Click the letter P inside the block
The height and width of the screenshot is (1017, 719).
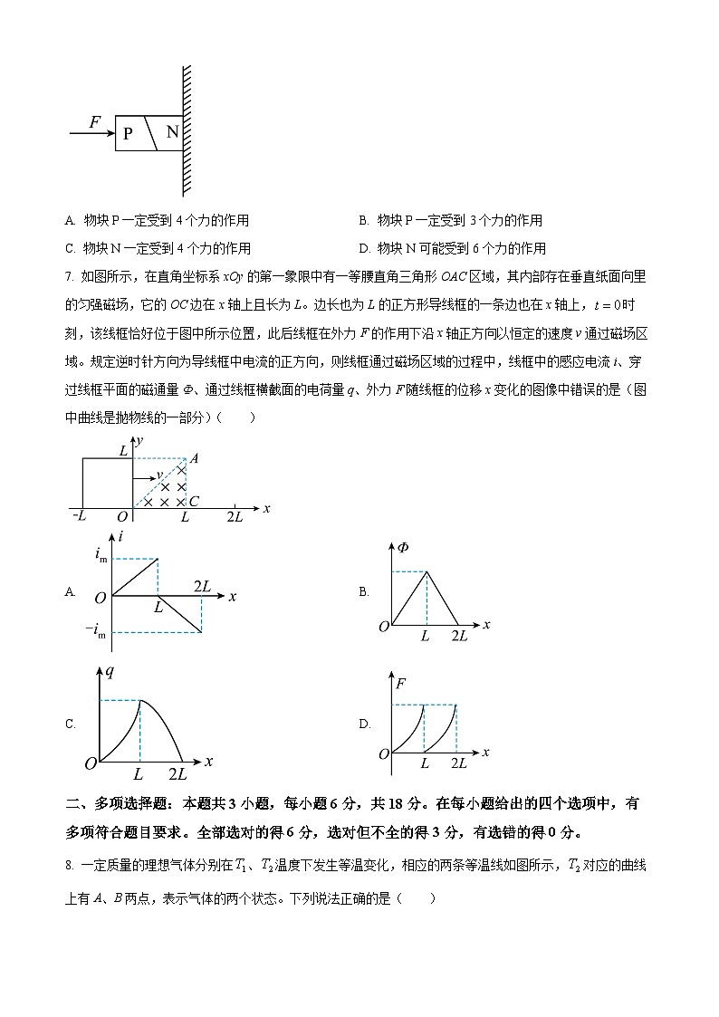click(129, 133)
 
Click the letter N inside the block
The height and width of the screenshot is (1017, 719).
click(170, 132)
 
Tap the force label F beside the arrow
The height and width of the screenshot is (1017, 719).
click(95, 121)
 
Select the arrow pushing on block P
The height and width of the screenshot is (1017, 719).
click(91, 133)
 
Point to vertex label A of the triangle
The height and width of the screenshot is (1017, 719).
click(194, 458)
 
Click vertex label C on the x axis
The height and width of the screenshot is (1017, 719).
click(194, 501)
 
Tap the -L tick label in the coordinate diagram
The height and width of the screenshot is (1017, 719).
click(78, 516)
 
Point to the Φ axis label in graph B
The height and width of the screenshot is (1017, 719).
click(402, 546)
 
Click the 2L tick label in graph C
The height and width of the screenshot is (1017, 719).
click(177, 773)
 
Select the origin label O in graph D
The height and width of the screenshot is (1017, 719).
click(383, 753)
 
